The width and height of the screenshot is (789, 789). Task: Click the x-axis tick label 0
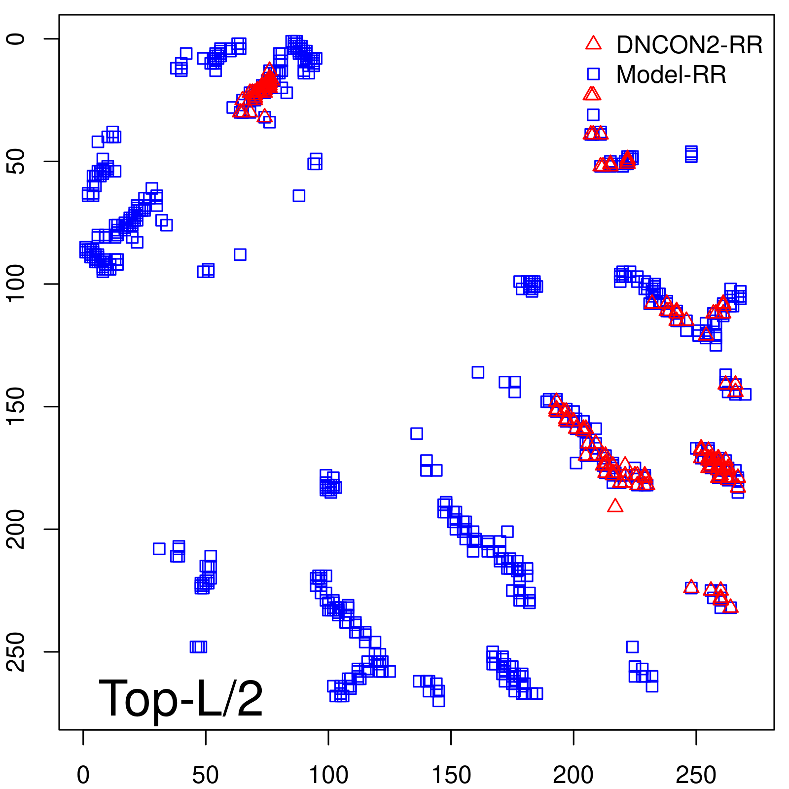[x=83, y=775]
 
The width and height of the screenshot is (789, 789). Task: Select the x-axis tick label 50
[x=205, y=775]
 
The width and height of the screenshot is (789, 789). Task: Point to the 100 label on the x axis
[x=328, y=775]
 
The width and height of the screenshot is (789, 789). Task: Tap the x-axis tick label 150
[x=451, y=775]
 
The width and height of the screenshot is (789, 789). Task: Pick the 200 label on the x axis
[x=573, y=775]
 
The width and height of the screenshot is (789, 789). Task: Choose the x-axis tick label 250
[x=696, y=775]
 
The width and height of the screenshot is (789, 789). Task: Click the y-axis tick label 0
[x=16, y=39]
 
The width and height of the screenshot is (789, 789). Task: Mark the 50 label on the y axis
[x=16, y=161]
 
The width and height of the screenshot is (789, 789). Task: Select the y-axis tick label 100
[x=16, y=284]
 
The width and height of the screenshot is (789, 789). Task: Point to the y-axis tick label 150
[x=16, y=406]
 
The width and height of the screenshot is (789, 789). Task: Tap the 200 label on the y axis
[x=16, y=529]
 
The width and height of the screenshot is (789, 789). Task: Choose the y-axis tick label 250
[x=16, y=651]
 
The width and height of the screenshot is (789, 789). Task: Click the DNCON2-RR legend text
[x=689, y=45]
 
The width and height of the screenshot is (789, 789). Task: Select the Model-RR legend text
[x=671, y=75]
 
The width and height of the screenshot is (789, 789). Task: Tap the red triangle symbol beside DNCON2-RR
[x=593, y=43]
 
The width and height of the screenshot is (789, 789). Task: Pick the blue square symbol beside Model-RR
[x=593, y=74]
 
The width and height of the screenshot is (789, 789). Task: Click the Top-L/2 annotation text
[x=181, y=698]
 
